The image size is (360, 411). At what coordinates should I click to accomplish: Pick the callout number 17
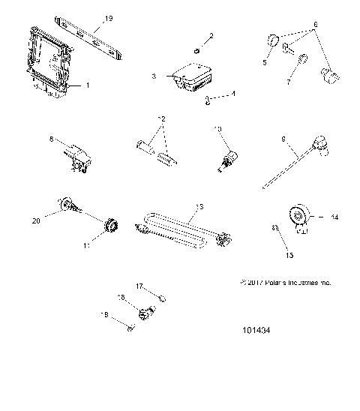tap(139, 286)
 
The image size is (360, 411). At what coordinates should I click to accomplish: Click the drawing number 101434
tap(255, 349)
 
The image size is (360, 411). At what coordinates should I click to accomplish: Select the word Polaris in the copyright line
tap(275, 283)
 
